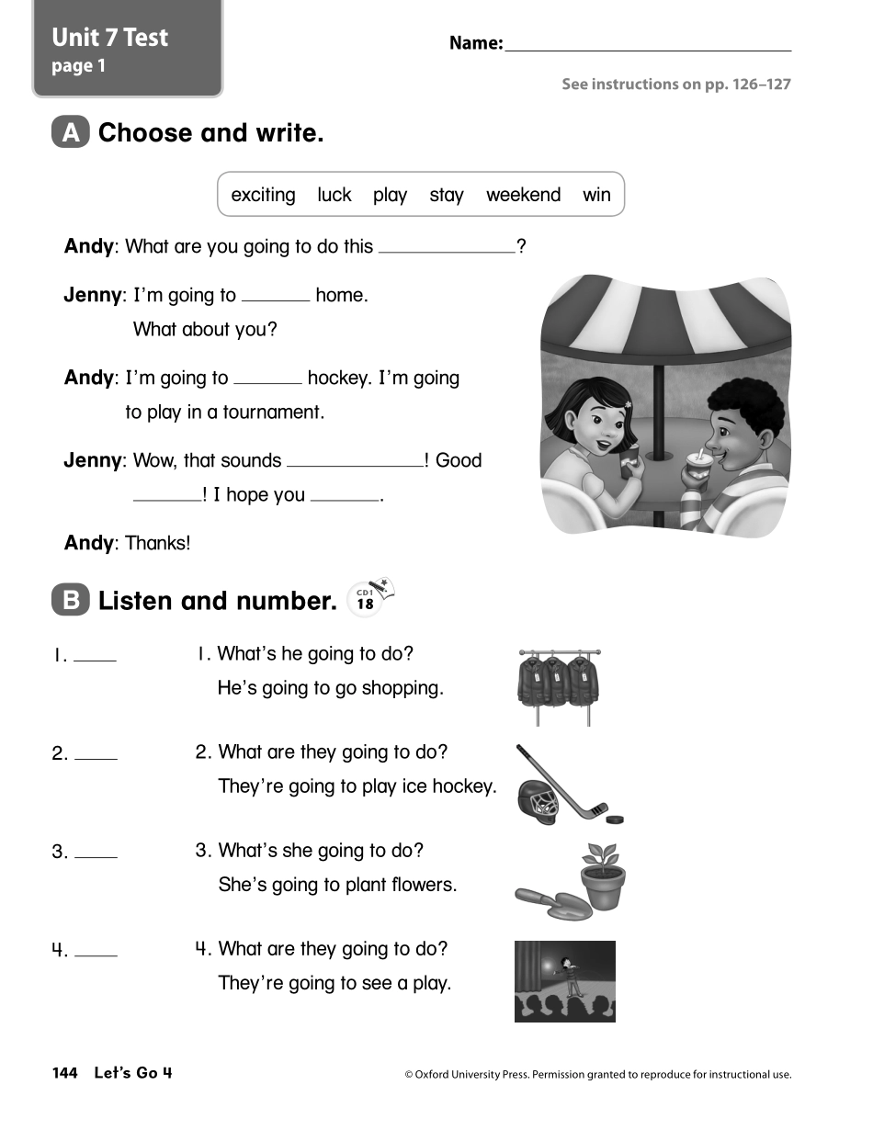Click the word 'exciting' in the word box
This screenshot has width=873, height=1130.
[x=263, y=195]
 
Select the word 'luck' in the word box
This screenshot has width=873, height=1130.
[x=334, y=195]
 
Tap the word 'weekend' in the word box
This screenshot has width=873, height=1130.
[x=523, y=195]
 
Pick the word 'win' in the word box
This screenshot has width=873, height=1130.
[x=596, y=195]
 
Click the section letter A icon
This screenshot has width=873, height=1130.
[x=71, y=134]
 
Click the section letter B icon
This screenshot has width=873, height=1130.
[x=71, y=601]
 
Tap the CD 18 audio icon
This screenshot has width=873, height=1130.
[x=370, y=598]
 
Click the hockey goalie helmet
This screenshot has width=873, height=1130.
[x=539, y=801]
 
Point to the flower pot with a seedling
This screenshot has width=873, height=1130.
[x=603, y=879]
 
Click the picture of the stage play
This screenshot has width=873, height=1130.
[x=564, y=980]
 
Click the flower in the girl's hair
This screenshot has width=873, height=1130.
[x=629, y=403]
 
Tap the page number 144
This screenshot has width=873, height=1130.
[x=64, y=1073]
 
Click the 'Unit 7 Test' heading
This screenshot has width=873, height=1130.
[x=110, y=38]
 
